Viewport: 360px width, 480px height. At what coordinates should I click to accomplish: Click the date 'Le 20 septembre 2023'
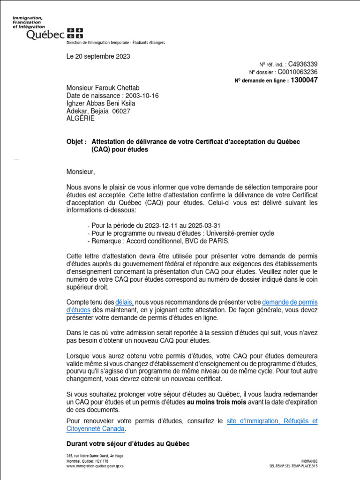[x=98, y=57]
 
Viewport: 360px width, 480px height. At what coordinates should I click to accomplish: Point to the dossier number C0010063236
[x=298, y=72]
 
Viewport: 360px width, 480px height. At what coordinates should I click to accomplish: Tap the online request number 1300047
[x=304, y=80]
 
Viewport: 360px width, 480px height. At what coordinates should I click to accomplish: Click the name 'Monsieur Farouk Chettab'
[x=103, y=88]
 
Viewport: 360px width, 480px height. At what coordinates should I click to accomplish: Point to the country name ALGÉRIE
[x=81, y=119]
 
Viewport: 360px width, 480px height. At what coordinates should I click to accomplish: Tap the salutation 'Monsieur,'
[x=81, y=172]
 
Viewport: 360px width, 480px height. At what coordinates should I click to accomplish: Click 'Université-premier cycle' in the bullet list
[x=236, y=233]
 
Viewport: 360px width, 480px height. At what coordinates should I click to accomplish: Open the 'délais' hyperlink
[x=124, y=303]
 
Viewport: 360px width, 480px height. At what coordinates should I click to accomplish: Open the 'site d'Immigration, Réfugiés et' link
[x=272, y=421]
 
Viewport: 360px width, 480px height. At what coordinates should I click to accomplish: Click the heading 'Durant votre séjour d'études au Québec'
[x=128, y=444]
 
